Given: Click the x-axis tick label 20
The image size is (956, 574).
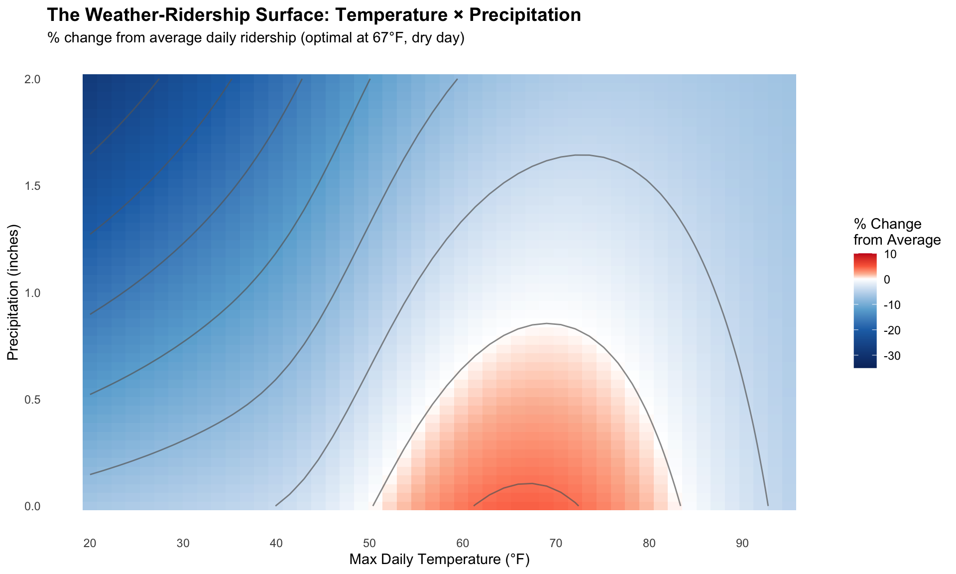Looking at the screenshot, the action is point(90,544).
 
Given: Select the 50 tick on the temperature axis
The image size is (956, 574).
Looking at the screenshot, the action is point(369,544).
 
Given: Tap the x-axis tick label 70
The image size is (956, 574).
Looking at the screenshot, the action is point(556,544).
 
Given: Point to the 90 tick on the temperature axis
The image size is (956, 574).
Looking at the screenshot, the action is point(742,544).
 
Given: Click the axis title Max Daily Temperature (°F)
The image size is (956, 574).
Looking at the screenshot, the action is point(439,560).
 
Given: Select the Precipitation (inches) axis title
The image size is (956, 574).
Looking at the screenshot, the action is point(13,292).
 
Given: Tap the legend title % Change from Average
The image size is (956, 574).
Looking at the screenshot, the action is point(897,232).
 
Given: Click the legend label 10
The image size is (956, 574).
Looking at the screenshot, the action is point(890,255).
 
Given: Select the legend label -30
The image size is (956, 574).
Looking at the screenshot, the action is point(892,356).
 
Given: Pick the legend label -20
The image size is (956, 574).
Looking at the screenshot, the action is point(892,330).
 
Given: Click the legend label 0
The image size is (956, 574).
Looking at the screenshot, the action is point(887,280).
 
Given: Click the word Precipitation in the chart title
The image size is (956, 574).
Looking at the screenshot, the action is point(525,15).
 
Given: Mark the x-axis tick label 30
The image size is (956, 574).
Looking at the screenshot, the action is point(183,544).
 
